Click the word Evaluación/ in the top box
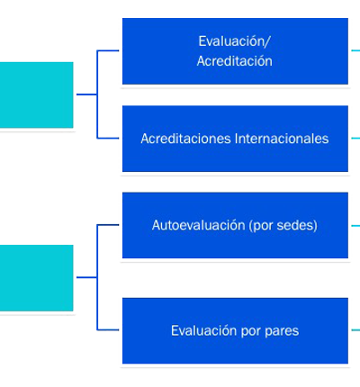coord(234,41)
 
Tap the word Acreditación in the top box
coord(235,61)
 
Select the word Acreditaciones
coord(186,139)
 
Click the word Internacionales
coord(282,139)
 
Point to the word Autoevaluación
coord(198,225)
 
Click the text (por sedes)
coord(283,226)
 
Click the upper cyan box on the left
coord(37,95)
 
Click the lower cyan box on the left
coord(37,278)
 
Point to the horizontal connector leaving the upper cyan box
coord(86,94)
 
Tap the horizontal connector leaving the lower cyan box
coord(86,277)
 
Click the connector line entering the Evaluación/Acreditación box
coord(108,50)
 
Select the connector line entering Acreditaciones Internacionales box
coord(108,139)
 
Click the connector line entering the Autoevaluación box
coord(108,225)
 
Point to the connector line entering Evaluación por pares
coord(108,330)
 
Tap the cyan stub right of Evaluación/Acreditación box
coord(355,50)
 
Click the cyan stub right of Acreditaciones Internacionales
coord(355,139)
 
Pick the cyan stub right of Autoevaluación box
coord(355,226)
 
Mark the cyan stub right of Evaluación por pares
coord(355,330)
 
